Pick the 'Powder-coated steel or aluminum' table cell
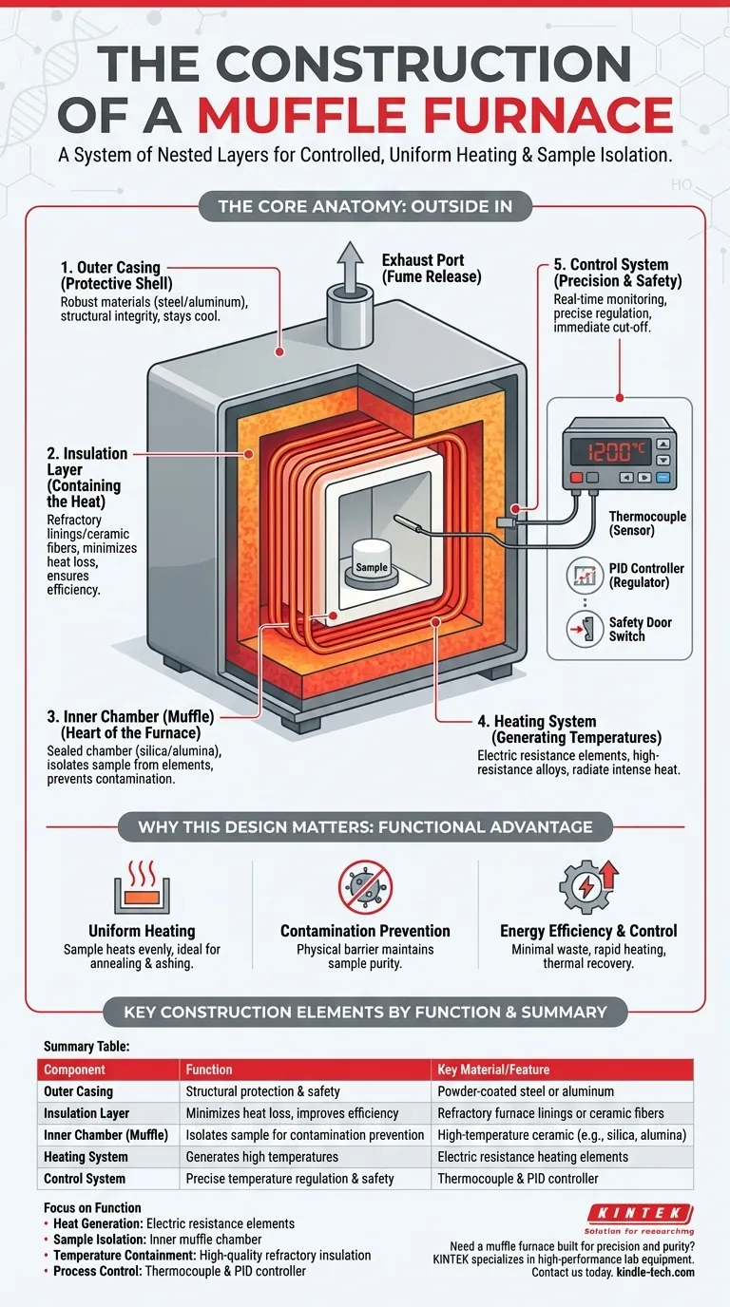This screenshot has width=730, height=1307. point(526,1091)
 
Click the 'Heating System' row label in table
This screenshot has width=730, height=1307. point(86,1157)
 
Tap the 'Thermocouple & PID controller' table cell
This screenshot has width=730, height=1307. point(518,1179)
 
